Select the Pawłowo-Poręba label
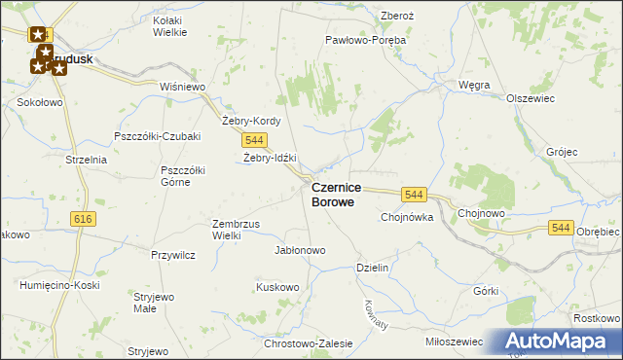(365, 41)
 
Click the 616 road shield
(82, 220)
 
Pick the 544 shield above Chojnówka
(414, 195)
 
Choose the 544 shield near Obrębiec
(560, 228)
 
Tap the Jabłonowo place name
(300, 250)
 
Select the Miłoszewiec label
(455, 342)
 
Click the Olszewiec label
(531, 98)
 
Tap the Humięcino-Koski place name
(54, 285)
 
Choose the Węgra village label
(473, 85)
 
